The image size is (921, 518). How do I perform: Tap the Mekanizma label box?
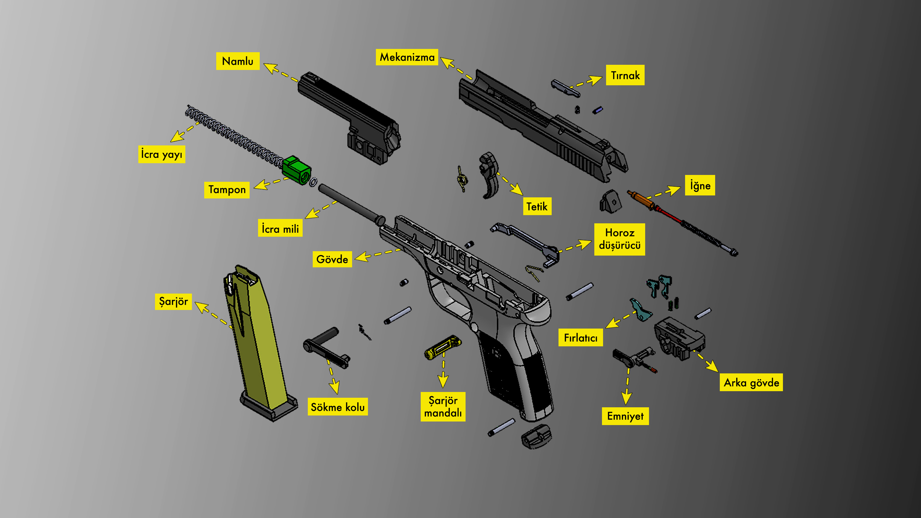407,57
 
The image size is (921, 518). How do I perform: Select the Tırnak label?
625,75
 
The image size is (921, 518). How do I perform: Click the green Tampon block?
296,169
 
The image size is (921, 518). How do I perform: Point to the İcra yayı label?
162,154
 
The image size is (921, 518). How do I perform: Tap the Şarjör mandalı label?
443,406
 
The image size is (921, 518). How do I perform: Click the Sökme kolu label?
338,407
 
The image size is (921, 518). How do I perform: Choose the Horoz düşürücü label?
619,239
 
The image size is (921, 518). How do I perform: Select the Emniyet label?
625,416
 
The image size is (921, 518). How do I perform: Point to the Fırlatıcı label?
580,338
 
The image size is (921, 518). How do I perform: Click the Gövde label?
332,259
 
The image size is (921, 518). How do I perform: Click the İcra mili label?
280,228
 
